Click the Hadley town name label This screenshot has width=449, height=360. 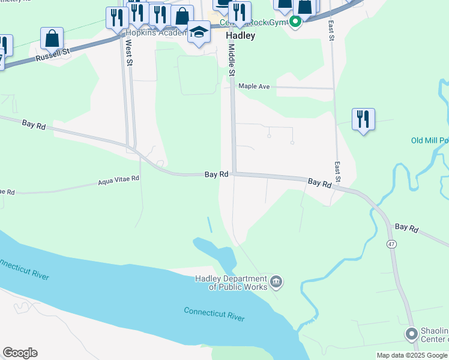240,35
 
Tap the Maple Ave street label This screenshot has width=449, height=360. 254,86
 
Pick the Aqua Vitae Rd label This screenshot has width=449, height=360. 119,179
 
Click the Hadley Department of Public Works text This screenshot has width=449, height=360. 231,283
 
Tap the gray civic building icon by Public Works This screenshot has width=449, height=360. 276,281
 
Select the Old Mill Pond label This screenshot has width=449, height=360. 429,141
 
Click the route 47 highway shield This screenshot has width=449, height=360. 391,244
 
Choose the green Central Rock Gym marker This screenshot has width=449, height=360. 295,23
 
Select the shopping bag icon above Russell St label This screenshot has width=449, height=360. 52,38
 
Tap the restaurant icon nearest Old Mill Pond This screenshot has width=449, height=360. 363,119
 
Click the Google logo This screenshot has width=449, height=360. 20,353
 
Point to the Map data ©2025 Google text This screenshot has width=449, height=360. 412,355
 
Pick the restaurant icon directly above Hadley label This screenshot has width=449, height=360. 240,12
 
